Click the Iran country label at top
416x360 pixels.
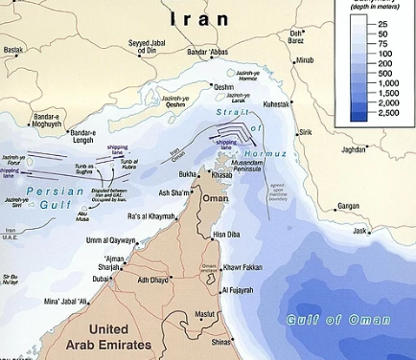tap(200, 18)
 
